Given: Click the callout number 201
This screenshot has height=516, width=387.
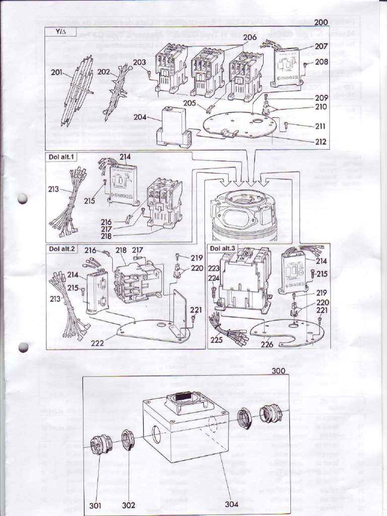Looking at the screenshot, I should click(57, 73).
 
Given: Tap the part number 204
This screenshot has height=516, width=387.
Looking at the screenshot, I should click(140, 117).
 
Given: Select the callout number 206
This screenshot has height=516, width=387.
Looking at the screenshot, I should click(250, 37).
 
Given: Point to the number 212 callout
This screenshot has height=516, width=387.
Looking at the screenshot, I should click(320, 142).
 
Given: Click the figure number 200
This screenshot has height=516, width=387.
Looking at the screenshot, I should click(320, 22).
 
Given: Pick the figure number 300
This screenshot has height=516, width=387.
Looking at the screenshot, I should click(279, 370).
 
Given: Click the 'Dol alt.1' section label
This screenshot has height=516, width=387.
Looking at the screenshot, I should click(61, 157).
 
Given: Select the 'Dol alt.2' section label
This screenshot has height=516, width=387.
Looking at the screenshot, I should click(61, 248).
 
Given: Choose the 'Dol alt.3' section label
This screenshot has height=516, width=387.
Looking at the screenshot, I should click(222, 248).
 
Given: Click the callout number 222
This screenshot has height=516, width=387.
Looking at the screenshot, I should click(98, 343).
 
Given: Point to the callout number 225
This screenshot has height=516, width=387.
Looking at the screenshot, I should click(217, 340).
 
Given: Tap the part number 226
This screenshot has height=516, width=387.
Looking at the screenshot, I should click(267, 345).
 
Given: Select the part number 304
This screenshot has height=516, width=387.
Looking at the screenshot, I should click(233, 503).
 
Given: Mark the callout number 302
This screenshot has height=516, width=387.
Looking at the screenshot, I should click(129, 505).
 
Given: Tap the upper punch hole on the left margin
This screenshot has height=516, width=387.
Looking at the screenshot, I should click(23, 199).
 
